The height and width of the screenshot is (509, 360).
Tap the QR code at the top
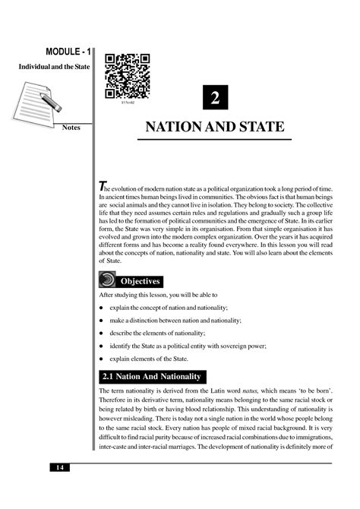coord(127,76)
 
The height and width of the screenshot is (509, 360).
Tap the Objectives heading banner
coord(144,280)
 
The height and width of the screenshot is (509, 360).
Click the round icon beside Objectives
coord(109,278)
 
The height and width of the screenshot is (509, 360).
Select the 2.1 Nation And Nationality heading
coord(153,376)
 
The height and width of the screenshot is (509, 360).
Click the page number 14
coord(60,466)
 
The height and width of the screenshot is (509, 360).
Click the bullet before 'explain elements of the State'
coord(102,358)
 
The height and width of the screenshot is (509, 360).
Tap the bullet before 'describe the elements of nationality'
coord(102,332)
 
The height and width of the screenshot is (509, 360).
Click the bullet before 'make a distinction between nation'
coord(102,320)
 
